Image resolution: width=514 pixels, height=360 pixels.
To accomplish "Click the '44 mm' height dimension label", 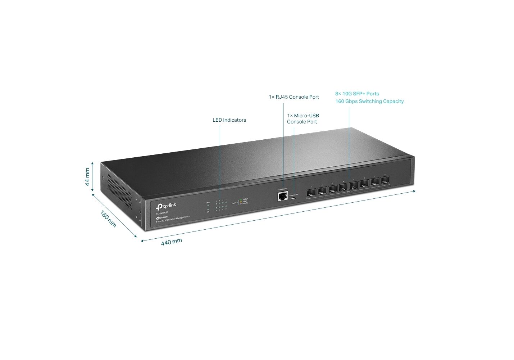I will coord(87,177).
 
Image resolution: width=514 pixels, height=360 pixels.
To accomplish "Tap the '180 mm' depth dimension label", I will coord(108,219).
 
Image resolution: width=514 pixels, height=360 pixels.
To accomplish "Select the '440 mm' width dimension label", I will coord(171,242).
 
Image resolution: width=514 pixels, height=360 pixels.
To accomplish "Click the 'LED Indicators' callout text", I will coord(229,120).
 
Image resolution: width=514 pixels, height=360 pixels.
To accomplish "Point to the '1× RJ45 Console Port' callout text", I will coord(294,97).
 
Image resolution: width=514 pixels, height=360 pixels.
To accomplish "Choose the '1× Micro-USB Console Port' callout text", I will coord(303,119).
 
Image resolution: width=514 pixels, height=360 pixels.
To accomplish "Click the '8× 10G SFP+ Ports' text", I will coord(357,94).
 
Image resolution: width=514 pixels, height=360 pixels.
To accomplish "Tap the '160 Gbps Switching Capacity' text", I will coord(369,102).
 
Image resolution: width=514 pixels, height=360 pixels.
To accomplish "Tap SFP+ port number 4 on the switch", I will coord(343,187).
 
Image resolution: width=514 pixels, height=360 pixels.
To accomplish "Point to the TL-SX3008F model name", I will coord(162,213).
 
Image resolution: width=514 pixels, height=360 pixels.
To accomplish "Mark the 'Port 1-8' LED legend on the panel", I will coord(234,203).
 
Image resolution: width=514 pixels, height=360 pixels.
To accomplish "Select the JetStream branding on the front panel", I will coord(162,217).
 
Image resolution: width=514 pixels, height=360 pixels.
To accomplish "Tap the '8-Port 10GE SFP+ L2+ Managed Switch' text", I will coord(173,219).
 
